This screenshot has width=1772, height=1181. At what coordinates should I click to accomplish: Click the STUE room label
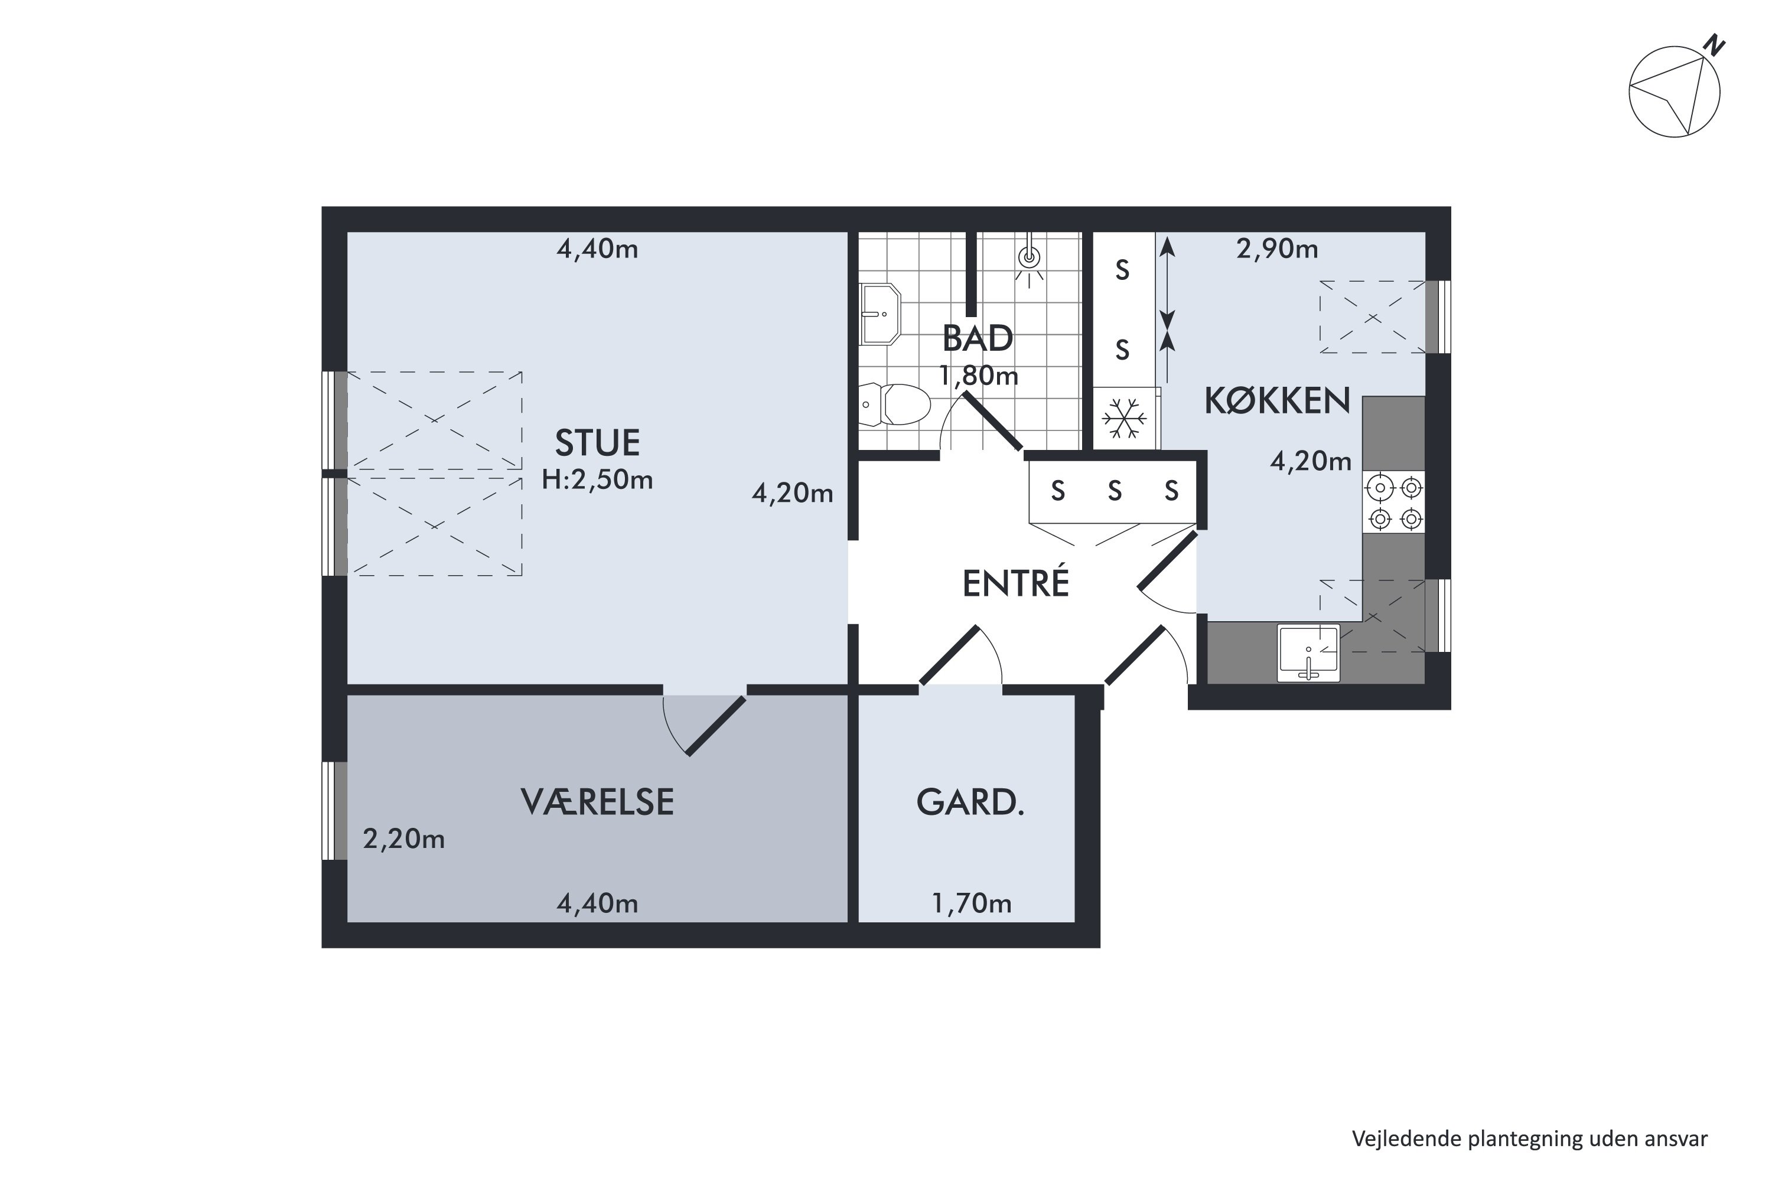click(597, 443)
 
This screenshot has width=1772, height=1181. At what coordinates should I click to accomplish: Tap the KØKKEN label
click(1277, 401)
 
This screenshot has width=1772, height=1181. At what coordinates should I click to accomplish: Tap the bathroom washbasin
click(880, 314)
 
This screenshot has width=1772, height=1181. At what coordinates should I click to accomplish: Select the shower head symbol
click(1029, 259)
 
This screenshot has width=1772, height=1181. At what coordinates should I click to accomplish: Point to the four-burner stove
click(1394, 503)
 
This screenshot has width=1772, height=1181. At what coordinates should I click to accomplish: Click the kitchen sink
click(1309, 653)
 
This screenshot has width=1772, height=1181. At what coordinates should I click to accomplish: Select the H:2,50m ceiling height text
click(597, 479)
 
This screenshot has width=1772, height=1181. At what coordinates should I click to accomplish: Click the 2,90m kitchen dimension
click(1277, 249)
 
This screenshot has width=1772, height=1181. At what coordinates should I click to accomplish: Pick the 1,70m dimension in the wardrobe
click(972, 903)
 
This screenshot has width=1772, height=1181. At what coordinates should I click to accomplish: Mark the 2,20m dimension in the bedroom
click(404, 839)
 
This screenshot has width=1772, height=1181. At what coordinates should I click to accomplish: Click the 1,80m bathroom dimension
click(979, 375)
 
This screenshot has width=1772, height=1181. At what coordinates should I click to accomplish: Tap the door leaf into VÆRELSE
click(716, 726)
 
